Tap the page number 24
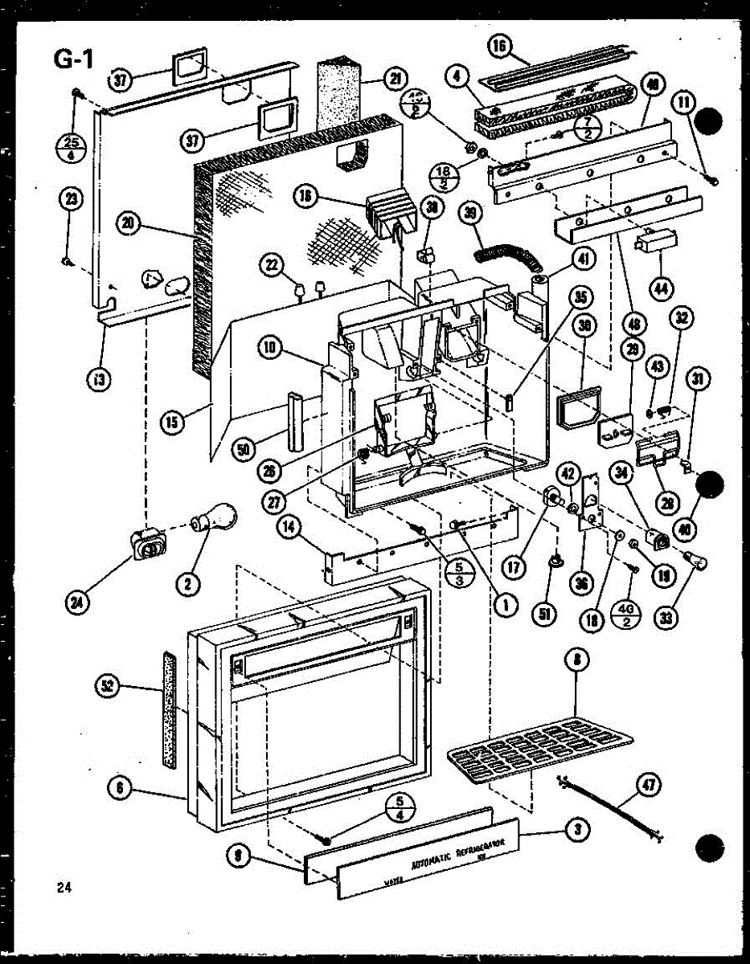coord(64,887)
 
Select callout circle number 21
coord(394,79)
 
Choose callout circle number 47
coord(645,784)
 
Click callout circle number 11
coord(683,103)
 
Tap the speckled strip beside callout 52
coord(168,707)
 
